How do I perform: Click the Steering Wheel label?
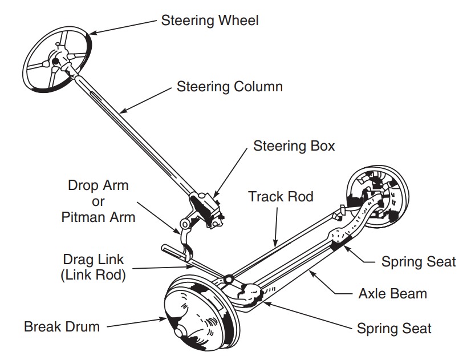tap(209, 21)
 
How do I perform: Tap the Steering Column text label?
tap(229, 87)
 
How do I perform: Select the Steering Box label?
tap(294, 146)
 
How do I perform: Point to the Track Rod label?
tap(281, 197)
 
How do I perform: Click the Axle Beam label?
tap(392, 294)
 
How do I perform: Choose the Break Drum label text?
tap(62, 327)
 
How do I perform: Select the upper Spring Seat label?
tap(419, 262)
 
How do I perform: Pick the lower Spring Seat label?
tap(394, 329)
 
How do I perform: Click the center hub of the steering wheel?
tap(55, 60)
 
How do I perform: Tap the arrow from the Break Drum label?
tap(137, 323)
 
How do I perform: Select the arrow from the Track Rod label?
tap(277, 225)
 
